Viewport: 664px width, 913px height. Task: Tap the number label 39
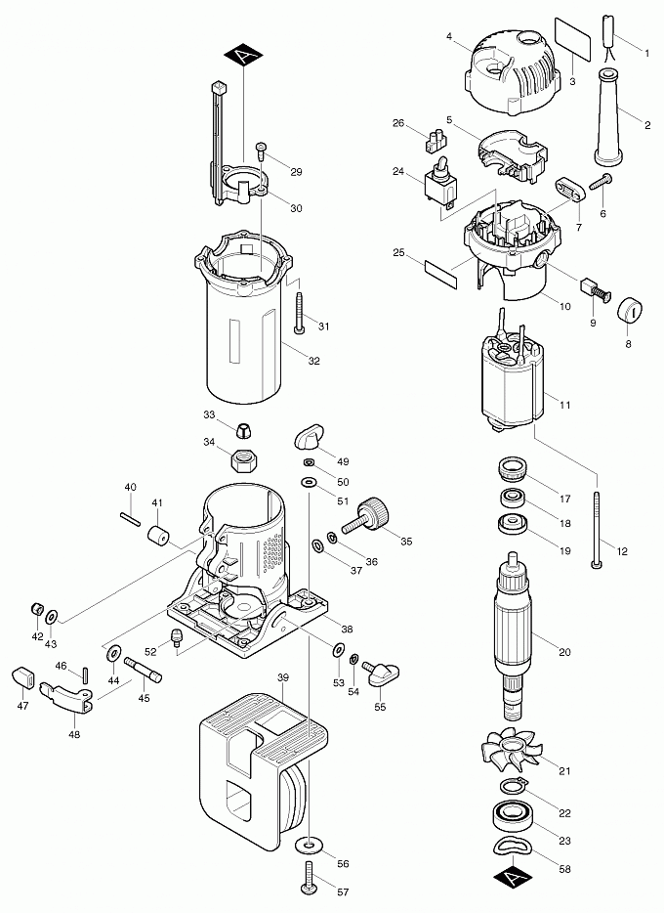[x=283, y=677]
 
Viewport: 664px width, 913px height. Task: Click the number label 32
[x=314, y=361]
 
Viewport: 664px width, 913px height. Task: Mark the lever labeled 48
[x=64, y=695]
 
